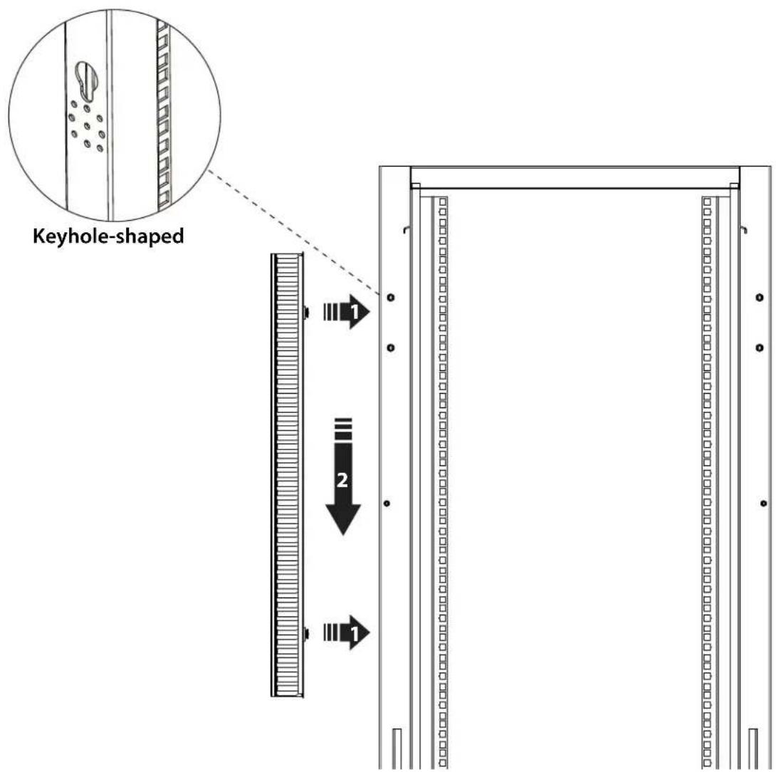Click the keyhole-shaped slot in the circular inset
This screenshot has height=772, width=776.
click(86, 79)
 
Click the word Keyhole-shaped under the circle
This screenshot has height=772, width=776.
click(108, 236)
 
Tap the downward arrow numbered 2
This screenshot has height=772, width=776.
click(343, 477)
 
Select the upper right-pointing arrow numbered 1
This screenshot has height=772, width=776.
click(347, 311)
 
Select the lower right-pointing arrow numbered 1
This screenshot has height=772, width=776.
click(347, 632)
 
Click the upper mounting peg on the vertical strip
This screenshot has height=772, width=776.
click(306, 312)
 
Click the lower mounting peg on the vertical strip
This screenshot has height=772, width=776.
click(306, 633)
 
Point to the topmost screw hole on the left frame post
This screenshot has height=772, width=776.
click(390, 298)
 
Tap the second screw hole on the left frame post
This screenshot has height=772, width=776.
click(390, 348)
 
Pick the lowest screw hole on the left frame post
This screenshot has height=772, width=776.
click(387, 504)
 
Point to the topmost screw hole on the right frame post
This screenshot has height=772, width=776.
click(760, 298)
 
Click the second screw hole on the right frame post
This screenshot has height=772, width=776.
click(760, 348)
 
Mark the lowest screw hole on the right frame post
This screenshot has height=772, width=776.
click(764, 504)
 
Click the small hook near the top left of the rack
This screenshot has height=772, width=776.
click(407, 229)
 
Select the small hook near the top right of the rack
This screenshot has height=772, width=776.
click(743, 229)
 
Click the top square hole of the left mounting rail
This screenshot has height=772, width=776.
click(442, 202)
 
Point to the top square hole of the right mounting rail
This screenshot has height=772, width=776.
click(707, 202)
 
